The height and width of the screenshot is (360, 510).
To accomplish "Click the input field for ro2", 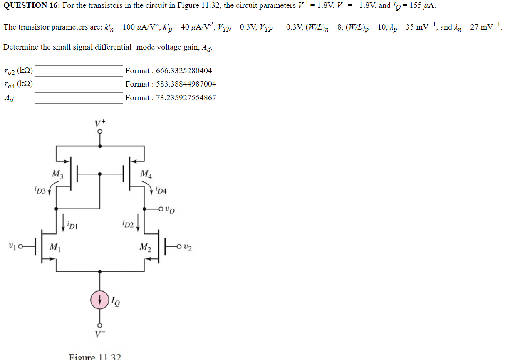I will pos(79,71).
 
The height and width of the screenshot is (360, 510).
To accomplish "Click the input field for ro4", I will pos(79,84).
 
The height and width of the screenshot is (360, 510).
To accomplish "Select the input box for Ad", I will pos(79,98).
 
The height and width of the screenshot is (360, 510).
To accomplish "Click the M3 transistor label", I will pos(57,174).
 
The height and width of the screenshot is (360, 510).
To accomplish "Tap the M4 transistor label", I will pos(146,174).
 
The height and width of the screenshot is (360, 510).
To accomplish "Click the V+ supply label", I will pos(100,123).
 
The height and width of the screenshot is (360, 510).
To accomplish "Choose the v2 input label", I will pos(188,248).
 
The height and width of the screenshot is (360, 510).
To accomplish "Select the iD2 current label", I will pos(128,225).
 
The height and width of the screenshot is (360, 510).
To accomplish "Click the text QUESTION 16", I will pos(31,6).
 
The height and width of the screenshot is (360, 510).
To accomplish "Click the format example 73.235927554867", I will pos(186,98).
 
